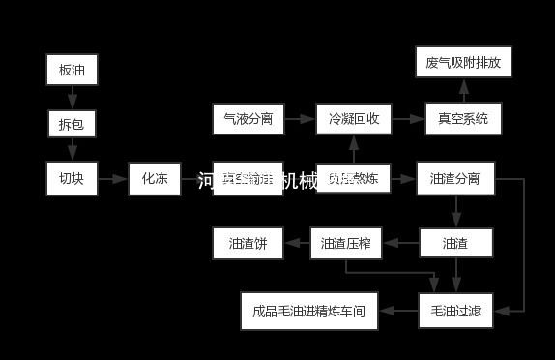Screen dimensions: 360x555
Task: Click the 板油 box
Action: [x=73, y=70]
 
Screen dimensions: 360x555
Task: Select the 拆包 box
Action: [x=73, y=124]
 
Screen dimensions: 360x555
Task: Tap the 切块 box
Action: [x=73, y=178]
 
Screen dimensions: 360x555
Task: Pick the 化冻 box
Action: [x=155, y=178]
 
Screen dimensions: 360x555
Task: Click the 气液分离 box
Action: [x=248, y=120]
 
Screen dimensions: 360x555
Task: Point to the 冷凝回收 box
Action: [x=353, y=120]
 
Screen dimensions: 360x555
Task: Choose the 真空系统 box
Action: [x=463, y=120]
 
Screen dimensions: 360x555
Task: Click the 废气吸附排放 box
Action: [x=463, y=63]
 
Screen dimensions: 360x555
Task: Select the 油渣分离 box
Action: [x=455, y=178]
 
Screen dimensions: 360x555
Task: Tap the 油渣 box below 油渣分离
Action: [x=455, y=243]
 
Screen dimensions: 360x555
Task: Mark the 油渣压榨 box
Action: [x=346, y=243]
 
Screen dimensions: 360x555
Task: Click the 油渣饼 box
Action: [x=248, y=243]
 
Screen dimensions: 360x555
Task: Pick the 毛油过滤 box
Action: [x=455, y=311]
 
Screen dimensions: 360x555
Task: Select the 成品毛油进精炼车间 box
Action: [x=309, y=311]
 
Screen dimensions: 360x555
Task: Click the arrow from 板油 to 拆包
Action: [x=73, y=97]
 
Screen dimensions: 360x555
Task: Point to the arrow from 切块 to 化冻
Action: [x=113, y=178]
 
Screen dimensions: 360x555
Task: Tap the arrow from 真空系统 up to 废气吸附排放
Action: [x=463, y=91]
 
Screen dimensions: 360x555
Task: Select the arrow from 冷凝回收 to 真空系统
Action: [x=407, y=120]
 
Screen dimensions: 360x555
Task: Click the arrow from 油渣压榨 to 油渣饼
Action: [x=296, y=243]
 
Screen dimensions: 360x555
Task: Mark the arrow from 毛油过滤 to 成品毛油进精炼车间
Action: [x=397, y=311]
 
